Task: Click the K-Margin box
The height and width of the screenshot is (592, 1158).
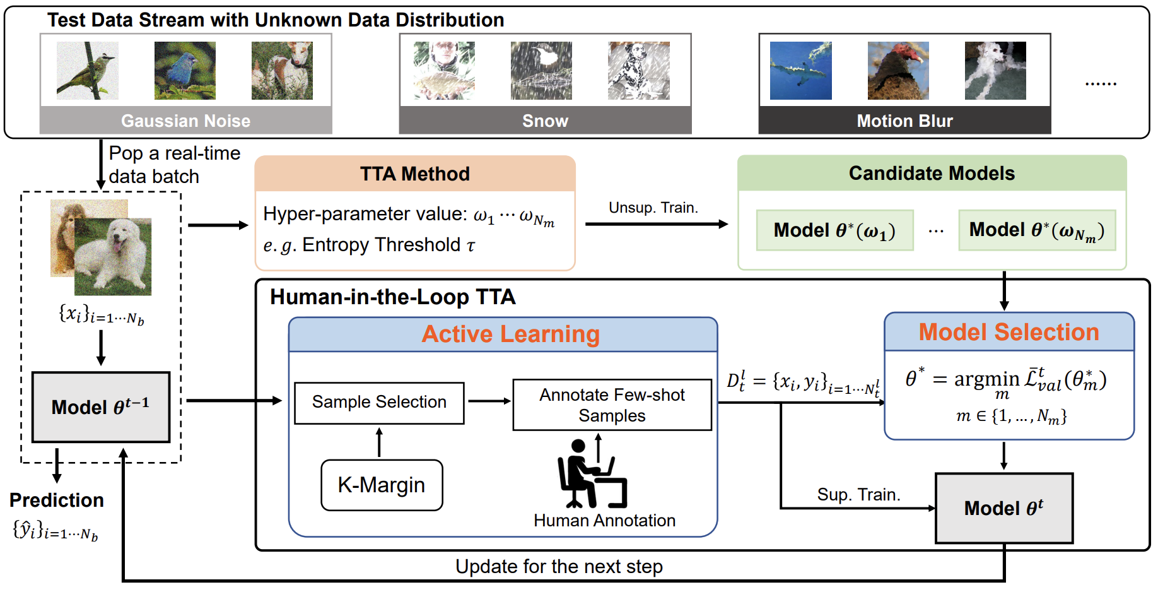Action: pos(382,485)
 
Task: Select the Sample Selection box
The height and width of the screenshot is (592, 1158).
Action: pos(379,403)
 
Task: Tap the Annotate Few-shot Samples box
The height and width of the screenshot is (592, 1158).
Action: pos(612,405)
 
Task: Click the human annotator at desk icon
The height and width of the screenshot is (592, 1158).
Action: pos(591,473)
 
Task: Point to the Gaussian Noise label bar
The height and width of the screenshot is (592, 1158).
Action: pos(186,121)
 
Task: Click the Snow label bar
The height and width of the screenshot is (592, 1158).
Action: pos(545,121)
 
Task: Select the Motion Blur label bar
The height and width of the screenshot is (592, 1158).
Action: pos(904,121)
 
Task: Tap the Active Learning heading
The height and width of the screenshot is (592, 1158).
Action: pos(510,334)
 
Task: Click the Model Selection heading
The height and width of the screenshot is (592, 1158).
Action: pos(1009,332)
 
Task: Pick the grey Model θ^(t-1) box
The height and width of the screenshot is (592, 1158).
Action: pos(101,406)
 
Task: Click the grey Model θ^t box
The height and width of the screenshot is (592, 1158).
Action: pos(1004,507)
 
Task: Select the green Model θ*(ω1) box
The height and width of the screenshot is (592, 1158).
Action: pos(834,230)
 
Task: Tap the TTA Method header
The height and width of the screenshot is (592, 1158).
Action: pos(415,174)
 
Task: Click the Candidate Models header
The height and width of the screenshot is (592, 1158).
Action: pos(932,173)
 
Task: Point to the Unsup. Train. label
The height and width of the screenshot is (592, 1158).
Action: pos(653,208)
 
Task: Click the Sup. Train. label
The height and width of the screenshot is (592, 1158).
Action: pos(858,494)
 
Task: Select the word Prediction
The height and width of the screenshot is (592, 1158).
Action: pos(57,500)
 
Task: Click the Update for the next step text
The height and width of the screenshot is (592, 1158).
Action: pos(559,566)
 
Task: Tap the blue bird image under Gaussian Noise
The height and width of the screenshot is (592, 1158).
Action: pos(185,71)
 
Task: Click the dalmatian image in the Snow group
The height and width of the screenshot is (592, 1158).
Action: pos(638,71)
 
